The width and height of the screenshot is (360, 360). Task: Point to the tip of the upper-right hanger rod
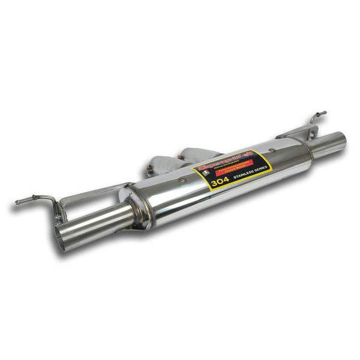324,112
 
